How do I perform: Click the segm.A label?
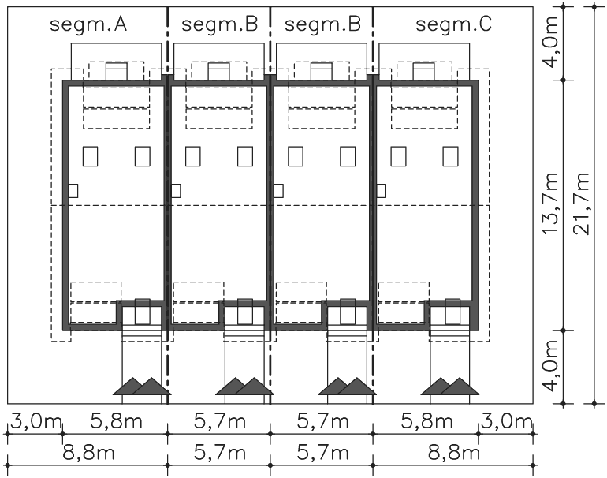point(88,24)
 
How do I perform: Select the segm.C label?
point(454,24)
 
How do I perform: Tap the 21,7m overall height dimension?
point(582,204)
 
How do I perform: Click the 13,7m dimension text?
point(550,204)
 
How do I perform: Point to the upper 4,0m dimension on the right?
point(550,42)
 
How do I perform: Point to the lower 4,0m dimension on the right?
point(550,366)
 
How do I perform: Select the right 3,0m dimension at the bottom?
point(506,421)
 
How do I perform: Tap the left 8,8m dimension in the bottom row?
point(88,452)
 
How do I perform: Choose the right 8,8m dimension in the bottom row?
point(454,452)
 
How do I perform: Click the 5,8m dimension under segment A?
point(117,421)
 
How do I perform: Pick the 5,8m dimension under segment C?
point(427,421)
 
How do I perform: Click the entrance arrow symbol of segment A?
point(142,387)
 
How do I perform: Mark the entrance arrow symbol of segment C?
point(450,387)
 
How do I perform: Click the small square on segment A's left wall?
point(73,191)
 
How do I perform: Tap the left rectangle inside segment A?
point(90,156)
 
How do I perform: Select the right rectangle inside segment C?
point(451,156)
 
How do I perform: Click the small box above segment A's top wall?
point(117,71)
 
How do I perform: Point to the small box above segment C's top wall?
point(424,71)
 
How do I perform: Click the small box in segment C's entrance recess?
point(452,312)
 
